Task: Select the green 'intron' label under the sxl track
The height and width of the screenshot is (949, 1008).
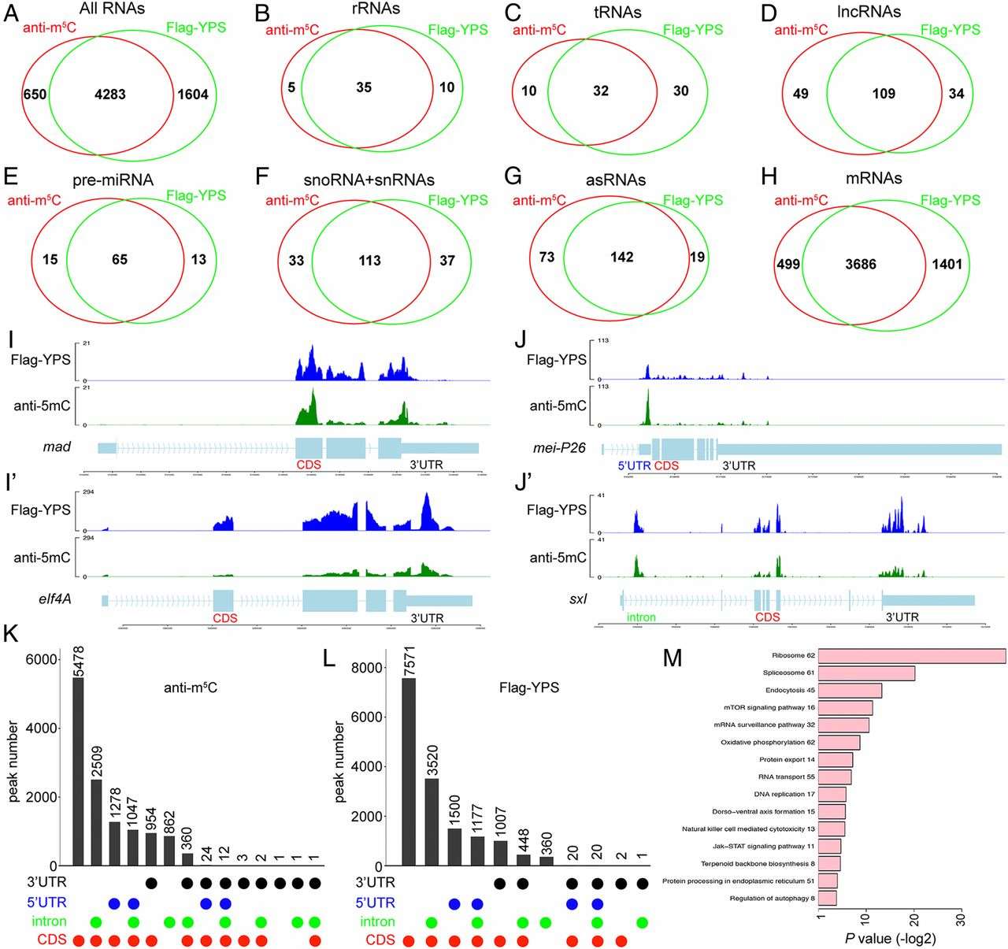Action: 640,617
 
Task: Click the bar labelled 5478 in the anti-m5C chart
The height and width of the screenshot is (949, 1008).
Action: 78,771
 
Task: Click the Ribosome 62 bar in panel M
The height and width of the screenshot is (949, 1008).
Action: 912,656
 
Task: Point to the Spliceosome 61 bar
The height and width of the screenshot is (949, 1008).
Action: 866,673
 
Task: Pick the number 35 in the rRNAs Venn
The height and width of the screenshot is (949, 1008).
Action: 363,88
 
